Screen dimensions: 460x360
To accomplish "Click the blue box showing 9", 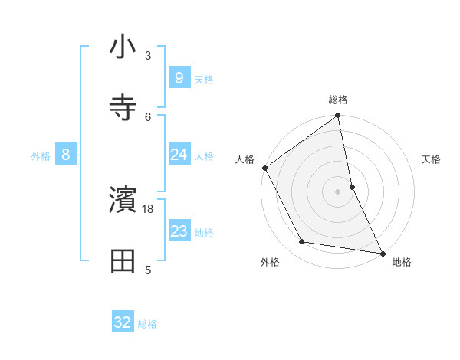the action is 179,77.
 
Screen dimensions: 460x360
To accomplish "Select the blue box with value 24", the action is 179,155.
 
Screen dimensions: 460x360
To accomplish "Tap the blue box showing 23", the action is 179,231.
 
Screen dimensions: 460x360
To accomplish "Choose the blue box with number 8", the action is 66,155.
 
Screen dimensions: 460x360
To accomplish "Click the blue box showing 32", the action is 123,322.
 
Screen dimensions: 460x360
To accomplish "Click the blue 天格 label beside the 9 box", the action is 203,79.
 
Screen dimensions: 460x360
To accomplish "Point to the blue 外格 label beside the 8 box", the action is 41,156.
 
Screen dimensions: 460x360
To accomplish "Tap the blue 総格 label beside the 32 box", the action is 147,324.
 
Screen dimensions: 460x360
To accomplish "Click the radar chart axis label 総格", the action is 338,100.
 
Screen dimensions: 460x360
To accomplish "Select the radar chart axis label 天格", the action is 431,159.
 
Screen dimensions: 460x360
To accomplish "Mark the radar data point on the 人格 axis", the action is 265,168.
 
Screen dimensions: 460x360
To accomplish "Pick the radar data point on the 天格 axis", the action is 352,186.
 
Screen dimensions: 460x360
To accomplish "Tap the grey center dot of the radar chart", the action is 338,191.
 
